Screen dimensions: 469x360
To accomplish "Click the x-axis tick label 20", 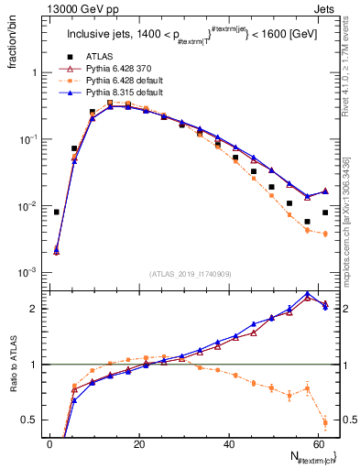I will point(138,443).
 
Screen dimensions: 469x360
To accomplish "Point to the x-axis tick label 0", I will point(49,443).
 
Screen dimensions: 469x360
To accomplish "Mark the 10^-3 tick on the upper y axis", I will point(28,273).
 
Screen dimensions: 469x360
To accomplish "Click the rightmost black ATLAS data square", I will point(325,213).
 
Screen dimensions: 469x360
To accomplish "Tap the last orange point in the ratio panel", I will point(325,422).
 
